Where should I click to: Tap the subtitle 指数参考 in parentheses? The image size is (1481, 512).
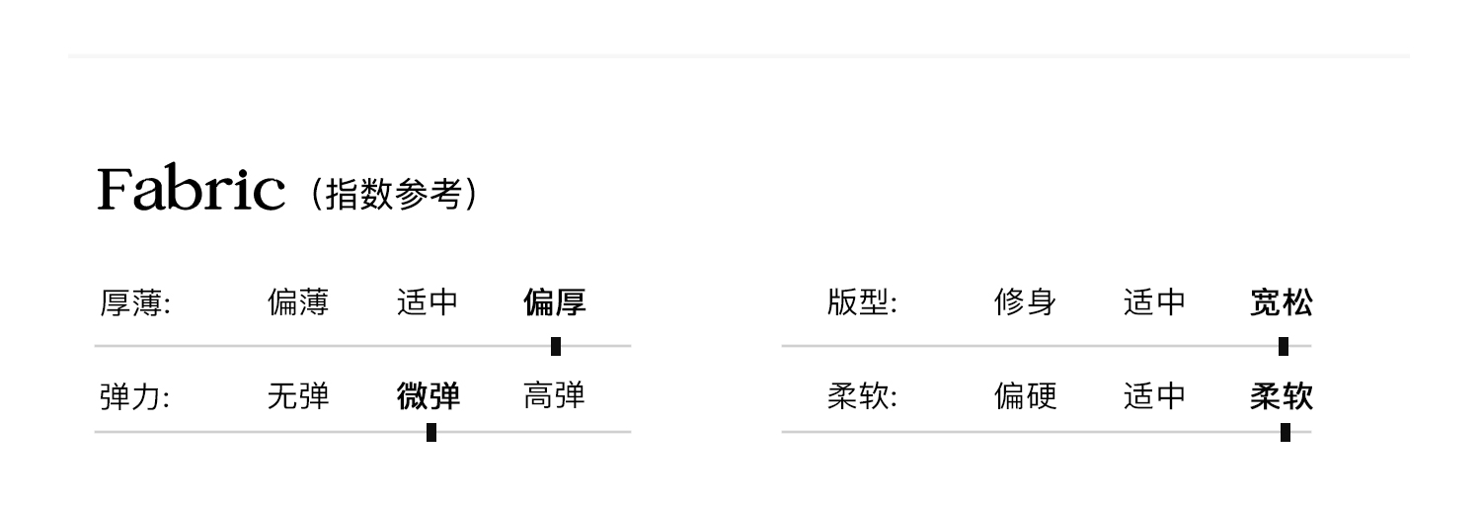[x=394, y=194]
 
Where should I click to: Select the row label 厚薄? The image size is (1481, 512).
[x=136, y=302]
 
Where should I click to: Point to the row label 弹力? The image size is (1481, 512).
[x=136, y=397]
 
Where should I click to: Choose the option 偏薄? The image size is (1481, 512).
[x=298, y=302]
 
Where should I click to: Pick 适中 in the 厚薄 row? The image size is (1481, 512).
[x=428, y=302]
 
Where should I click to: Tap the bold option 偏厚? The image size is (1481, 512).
[x=555, y=302]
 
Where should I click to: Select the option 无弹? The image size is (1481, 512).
[x=298, y=397]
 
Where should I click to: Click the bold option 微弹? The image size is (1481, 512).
[x=429, y=397]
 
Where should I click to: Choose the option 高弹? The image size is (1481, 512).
[x=555, y=397]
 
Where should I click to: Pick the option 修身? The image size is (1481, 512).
[x=1025, y=302]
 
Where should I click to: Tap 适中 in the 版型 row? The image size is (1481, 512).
[x=1154, y=302]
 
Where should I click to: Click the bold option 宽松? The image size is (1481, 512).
[x=1282, y=302]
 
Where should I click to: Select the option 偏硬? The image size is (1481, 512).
[x=1025, y=397]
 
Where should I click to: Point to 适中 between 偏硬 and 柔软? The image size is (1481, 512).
[x=1154, y=397]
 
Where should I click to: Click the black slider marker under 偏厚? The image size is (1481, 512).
[x=556, y=346]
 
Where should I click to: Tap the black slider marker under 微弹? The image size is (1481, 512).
[x=431, y=432]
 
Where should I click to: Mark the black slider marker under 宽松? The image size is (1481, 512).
[x=1284, y=346]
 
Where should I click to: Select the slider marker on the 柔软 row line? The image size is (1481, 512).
[x=1286, y=432]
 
